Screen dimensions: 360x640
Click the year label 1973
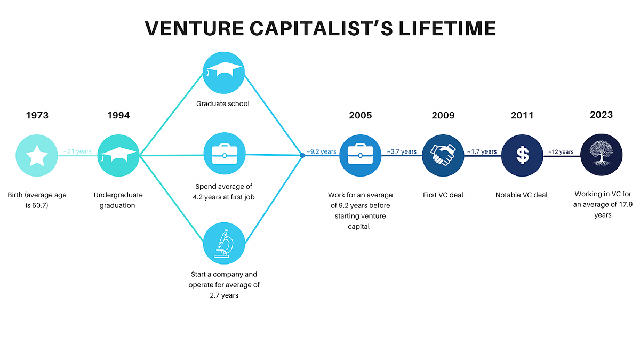coord(37,115)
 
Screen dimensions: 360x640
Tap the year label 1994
coord(118,115)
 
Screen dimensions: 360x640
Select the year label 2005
coord(361,115)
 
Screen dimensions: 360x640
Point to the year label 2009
coord(443,115)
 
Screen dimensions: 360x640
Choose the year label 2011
coord(522,115)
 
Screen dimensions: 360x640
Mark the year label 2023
coord(601,115)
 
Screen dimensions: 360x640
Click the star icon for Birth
coord(37,156)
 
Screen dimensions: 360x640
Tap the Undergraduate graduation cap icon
coord(118,156)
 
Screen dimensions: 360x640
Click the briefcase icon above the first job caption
coord(224,155)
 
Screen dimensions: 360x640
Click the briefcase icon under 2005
coord(361,155)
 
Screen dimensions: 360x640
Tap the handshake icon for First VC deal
coord(443,155)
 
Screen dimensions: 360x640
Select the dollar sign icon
coord(522,155)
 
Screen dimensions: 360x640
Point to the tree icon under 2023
coord(601,155)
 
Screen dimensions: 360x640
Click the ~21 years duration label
coord(77,151)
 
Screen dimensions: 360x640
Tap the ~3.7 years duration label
coord(402,151)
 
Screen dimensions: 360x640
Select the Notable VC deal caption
coord(522,195)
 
